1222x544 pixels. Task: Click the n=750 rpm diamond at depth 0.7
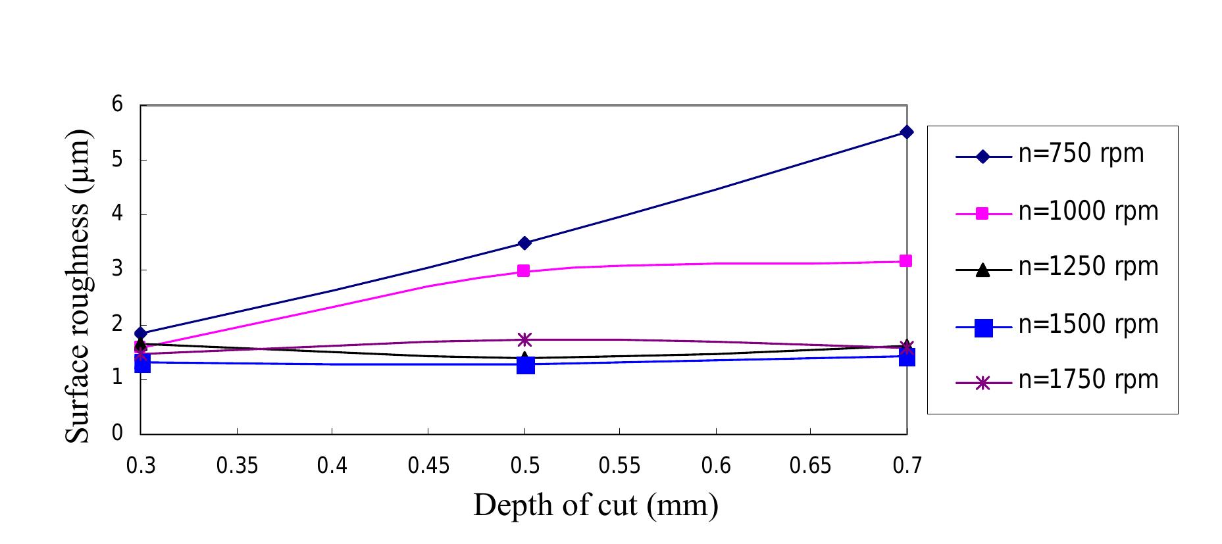point(906,132)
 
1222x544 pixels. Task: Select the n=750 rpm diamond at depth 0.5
point(524,243)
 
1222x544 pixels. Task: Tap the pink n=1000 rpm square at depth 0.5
point(524,270)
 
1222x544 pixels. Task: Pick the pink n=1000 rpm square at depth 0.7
point(906,261)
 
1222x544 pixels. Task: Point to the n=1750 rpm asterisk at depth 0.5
point(524,339)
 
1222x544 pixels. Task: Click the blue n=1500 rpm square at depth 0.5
point(525,365)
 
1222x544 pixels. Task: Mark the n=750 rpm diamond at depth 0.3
point(141,334)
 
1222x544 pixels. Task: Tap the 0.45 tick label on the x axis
point(428,466)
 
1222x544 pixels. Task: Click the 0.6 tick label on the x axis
point(716,466)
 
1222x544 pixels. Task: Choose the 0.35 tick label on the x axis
point(237,466)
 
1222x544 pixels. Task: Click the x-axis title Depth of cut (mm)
point(596,506)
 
